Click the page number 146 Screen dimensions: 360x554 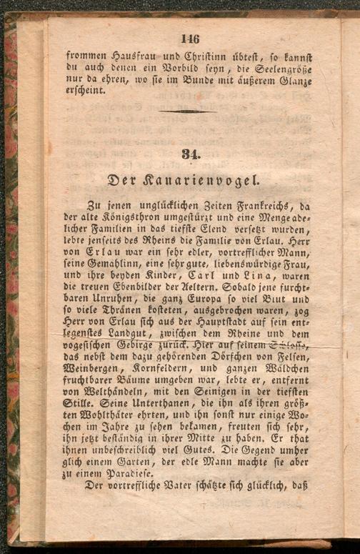click(190, 39)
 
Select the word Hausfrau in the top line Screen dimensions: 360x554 click(126, 54)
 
